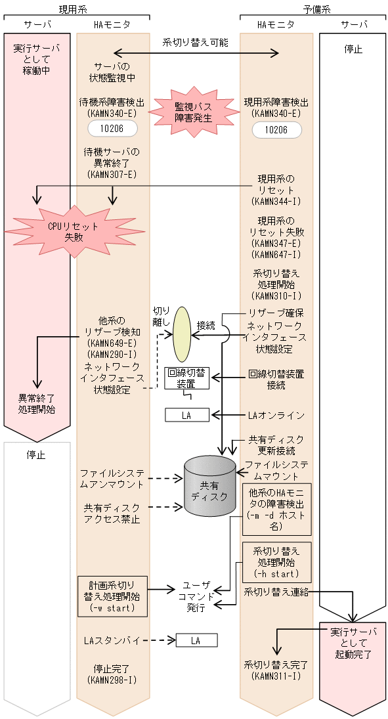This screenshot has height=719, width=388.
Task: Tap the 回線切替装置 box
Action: point(186,378)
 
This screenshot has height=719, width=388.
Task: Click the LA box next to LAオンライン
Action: point(186,415)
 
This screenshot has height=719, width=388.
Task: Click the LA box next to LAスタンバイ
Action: point(196,640)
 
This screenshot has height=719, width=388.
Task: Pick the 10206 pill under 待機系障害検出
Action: point(112,127)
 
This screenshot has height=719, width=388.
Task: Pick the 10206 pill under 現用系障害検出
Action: point(276,129)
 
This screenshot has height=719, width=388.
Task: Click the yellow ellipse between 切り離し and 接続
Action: point(182,334)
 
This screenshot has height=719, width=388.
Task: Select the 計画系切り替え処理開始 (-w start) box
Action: point(112,596)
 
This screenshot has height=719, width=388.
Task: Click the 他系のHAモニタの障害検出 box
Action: point(276,509)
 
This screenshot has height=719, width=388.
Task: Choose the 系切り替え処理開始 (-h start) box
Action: point(276,563)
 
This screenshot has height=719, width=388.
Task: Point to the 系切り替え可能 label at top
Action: point(196,42)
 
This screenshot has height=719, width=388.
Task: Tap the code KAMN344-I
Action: point(276,202)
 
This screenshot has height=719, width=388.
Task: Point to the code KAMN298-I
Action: point(112,680)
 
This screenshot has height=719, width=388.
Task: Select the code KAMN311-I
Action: point(276,676)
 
